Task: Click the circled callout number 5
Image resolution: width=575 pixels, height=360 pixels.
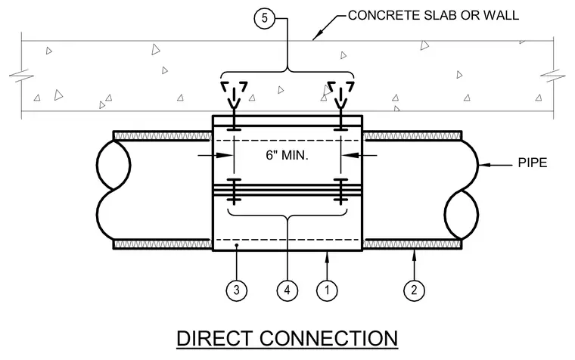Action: [265, 18]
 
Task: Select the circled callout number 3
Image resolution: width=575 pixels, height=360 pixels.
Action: [237, 290]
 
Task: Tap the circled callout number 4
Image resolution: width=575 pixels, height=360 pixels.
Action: [287, 290]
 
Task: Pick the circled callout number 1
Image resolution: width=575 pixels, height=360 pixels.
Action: [327, 290]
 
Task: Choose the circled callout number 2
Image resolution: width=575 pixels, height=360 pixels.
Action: [414, 290]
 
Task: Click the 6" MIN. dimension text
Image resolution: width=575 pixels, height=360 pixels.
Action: [287, 155]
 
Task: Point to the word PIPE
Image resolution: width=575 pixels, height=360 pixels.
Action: [533, 163]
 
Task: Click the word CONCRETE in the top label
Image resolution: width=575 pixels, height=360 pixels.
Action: [384, 15]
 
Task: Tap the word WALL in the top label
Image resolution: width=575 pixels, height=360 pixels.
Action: [501, 15]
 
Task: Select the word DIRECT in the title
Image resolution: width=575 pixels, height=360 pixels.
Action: [215, 338]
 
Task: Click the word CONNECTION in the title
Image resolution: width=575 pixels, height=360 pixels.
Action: [329, 338]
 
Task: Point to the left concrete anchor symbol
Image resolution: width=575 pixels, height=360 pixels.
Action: [234, 95]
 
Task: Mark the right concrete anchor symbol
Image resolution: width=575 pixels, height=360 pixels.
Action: [340, 95]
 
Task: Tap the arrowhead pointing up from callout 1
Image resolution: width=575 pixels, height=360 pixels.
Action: [327, 257]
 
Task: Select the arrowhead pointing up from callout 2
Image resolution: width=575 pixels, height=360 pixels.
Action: [414, 256]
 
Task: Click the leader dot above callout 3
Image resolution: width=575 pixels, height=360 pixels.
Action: [237, 245]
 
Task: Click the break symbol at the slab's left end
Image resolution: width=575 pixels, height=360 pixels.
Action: [21, 76]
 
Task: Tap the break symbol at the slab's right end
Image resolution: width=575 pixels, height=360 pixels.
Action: [553, 76]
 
